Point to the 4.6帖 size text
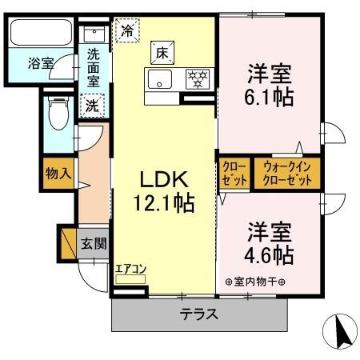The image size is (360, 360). [269, 255]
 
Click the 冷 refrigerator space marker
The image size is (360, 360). [127, 31]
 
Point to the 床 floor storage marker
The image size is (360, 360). [161, 54]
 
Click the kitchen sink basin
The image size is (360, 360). [158, 80]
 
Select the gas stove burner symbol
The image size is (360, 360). [196, 80]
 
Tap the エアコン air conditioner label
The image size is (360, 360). [130, 269]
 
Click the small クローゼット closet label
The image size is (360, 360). [234, 173]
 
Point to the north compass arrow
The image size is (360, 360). [341, 330]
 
